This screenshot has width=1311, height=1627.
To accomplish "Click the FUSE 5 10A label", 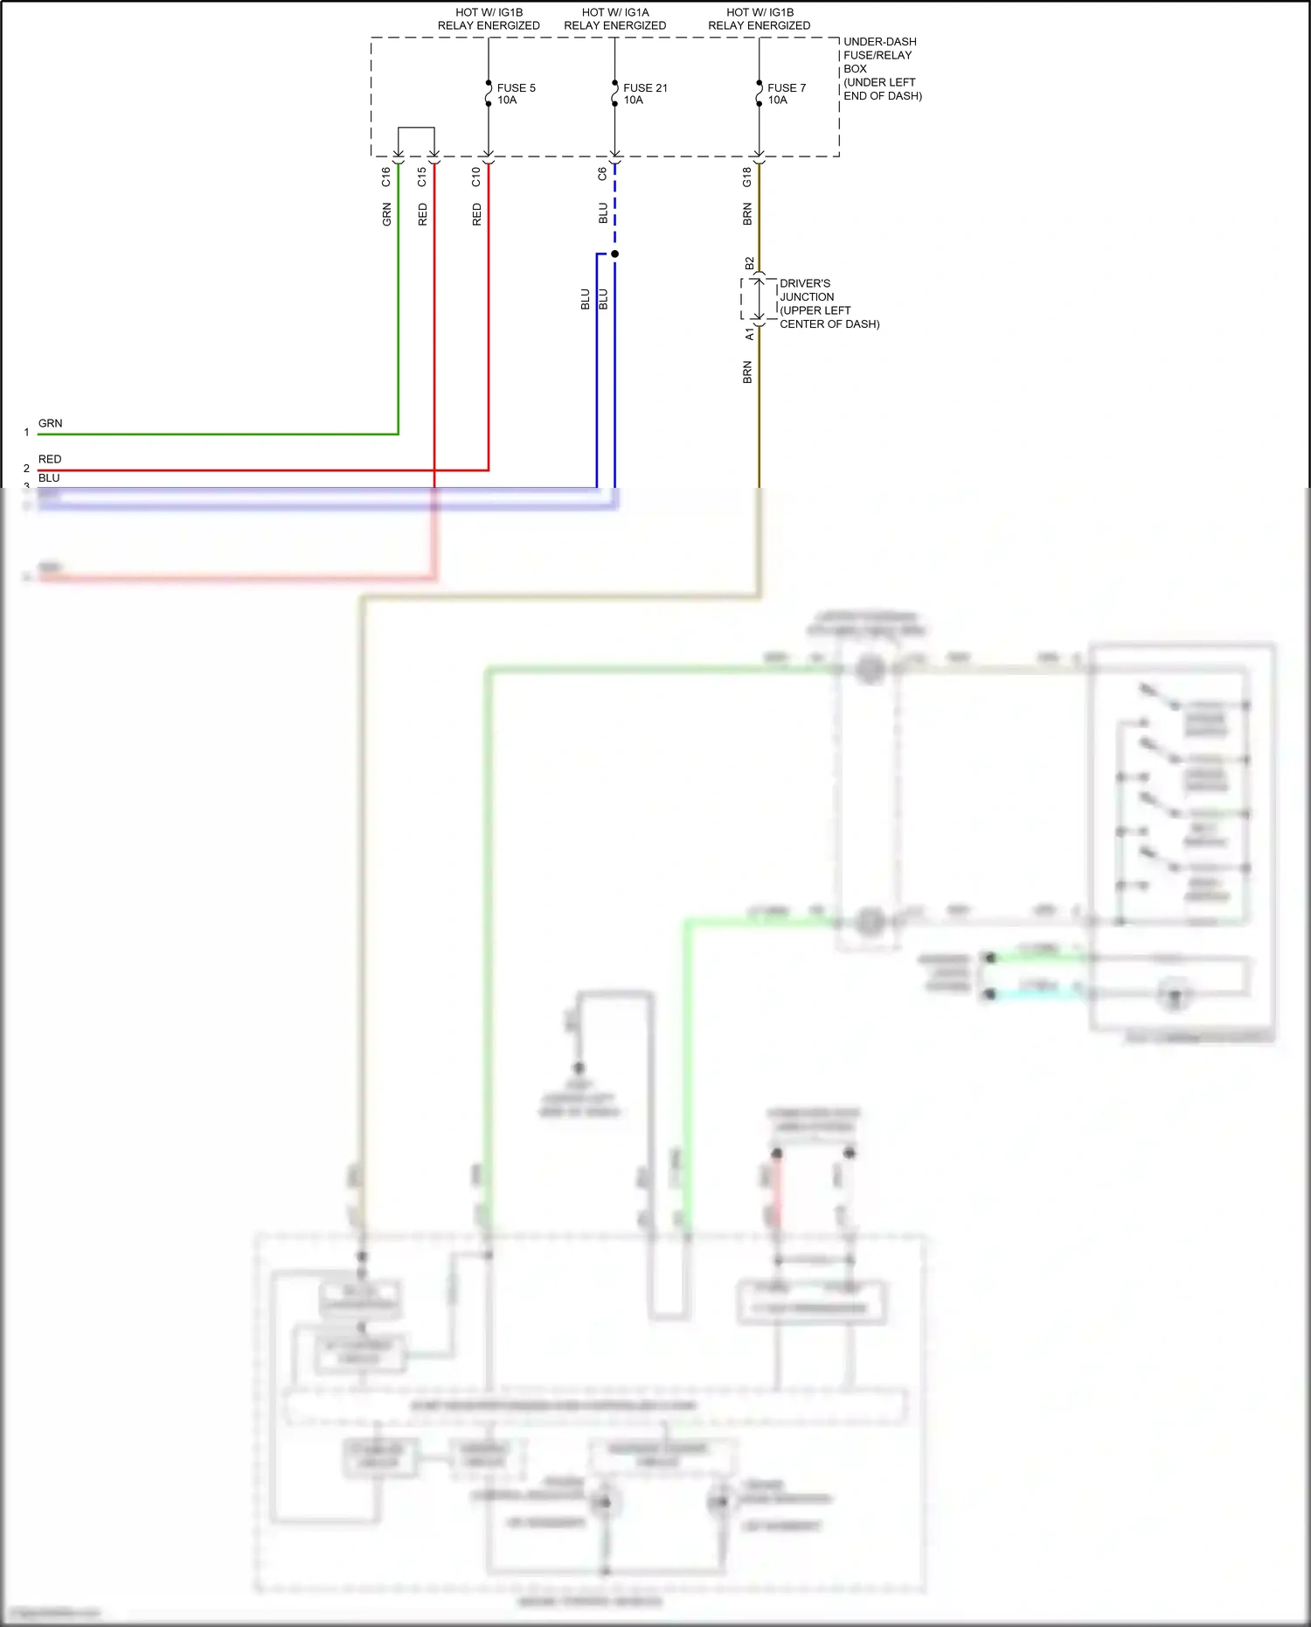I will [x=516, y=94].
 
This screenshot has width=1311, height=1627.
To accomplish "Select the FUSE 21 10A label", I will [x=644, y=94].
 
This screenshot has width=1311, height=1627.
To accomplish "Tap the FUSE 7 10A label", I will [x=786, y=94].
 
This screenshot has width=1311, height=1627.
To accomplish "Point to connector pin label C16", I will [x=385, y=177].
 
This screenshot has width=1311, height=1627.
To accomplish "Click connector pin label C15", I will [x=422, y=177].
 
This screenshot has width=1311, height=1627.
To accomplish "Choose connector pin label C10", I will [x=476, y=177].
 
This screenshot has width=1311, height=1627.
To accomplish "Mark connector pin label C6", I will [x=602, y=175].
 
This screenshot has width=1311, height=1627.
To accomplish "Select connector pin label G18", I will [x=747, y=177].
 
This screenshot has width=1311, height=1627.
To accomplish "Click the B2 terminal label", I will [x=749, y=263].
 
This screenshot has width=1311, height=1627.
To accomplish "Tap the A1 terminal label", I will [x=749, y=335].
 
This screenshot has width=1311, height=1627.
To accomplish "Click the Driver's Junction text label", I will [x=829, y=303].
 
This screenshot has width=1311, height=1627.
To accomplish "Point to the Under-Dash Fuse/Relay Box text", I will [x=882, y=68].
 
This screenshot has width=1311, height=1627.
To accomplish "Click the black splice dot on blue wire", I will [x=614, y=254].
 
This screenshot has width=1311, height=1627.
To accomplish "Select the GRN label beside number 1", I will [x=50, y=423].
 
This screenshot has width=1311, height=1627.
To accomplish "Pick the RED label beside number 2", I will [x=50, y=459].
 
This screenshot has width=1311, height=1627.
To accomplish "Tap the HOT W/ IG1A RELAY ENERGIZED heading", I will [x=614, y=18].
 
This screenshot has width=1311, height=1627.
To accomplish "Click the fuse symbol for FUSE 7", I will [x=759, y=94].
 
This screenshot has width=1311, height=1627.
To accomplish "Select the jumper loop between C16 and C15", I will [x=416, y=129].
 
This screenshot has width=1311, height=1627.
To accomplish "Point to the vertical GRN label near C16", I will [x=386, y=214].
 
